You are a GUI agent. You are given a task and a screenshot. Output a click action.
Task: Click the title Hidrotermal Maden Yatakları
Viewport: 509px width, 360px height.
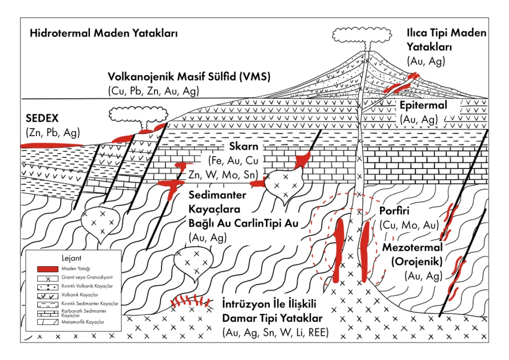point(104,34)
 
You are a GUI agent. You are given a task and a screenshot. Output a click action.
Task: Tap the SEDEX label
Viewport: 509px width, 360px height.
point(42,119)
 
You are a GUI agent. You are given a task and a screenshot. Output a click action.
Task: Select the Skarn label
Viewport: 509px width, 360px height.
point(243,148)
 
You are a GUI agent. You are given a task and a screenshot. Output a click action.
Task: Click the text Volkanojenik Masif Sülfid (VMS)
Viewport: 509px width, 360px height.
point(189,77)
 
